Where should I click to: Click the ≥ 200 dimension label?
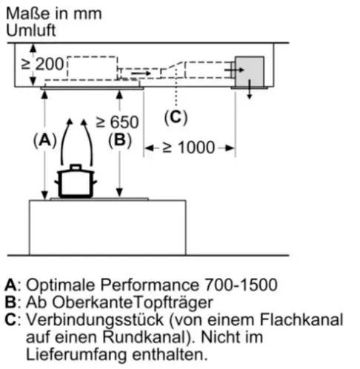pyautogui.click(x=42, y=64)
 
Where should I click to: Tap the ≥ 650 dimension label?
pyautogui.click(x=117, y=122)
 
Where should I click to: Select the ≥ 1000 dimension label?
pyautogui.click(x=189, y=147)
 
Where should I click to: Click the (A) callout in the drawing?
pyautogui.click(x=45, y=141)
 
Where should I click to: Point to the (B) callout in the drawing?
pyautogui.click(x=120, y=140)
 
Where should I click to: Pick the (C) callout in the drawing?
pyautogui.click(x=176, y=117)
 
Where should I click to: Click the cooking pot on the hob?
pyautogui.click(x=76, y=181)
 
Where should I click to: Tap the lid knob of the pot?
pyautogui.click(x=76, y=167)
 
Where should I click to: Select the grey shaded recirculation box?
pyautogui.click(x=250, y=72)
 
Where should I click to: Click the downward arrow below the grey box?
pyautogui.click(x=250, y=90)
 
